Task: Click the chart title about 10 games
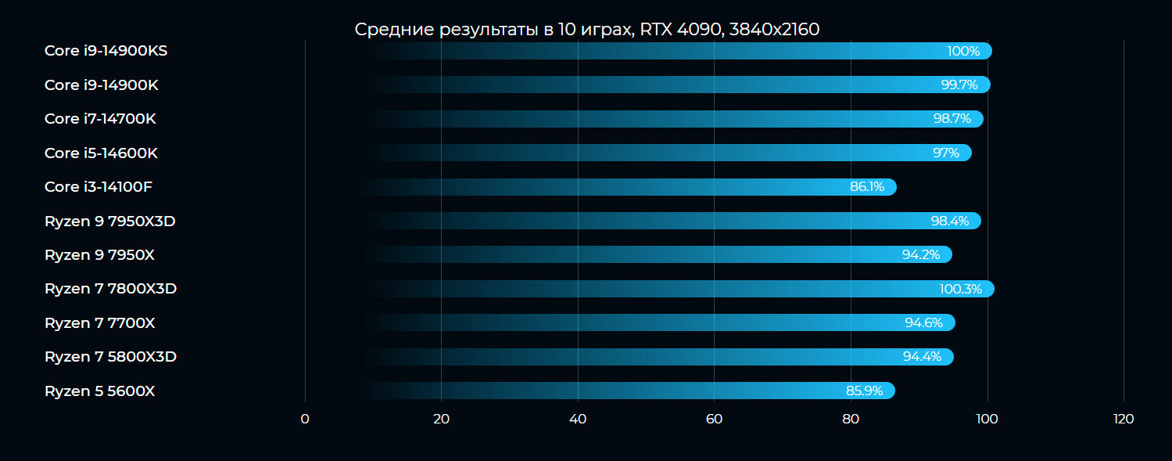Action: (x=586, y=30)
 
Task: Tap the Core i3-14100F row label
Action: (x=99, y=187)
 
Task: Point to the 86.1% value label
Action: (x=867, y=187)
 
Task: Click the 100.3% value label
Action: (x=960, y=290)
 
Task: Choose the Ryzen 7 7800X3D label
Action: (x=110, y=289)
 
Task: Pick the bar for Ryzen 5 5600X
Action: (x=629, y=391)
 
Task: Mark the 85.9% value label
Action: (x=865, y=391)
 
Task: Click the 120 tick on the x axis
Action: (x=1123, y=420)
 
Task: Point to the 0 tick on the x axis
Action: (x=305, y=420)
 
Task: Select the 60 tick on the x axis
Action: (x=714, y=420)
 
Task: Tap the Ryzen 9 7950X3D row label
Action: (x=109, y=221)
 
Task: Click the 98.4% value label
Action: (x=949, y=221)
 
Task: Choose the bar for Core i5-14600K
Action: (x=668, y=153)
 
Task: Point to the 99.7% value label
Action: (x=959, y=85)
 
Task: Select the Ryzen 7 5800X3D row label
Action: (x=110, y=357)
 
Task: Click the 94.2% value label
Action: (x=921, y=255)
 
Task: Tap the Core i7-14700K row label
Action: (x=100, y=119)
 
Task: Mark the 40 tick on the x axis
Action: (x=578, y=420)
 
